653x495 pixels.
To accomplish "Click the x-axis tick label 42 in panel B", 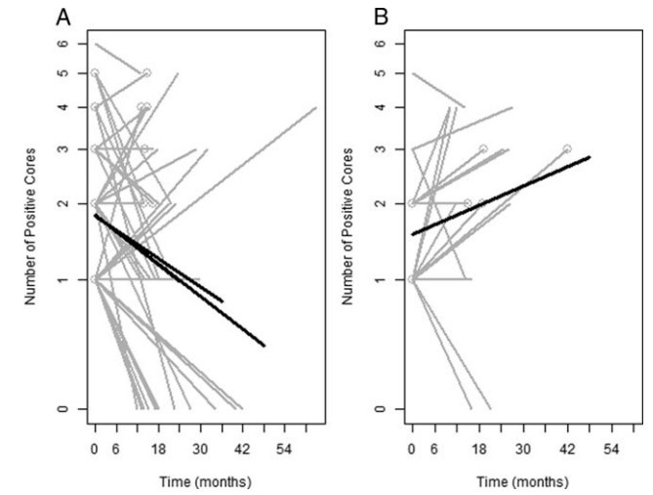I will coord(567,450).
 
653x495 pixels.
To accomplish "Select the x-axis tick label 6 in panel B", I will coord(433,450).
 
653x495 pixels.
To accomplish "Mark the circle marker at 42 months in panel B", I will coord(567,149).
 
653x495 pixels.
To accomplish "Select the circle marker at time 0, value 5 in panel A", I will coord(95,72).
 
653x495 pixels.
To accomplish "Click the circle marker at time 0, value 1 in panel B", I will coord(412,280).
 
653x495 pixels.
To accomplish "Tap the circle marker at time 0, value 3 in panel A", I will coord(95,149).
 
